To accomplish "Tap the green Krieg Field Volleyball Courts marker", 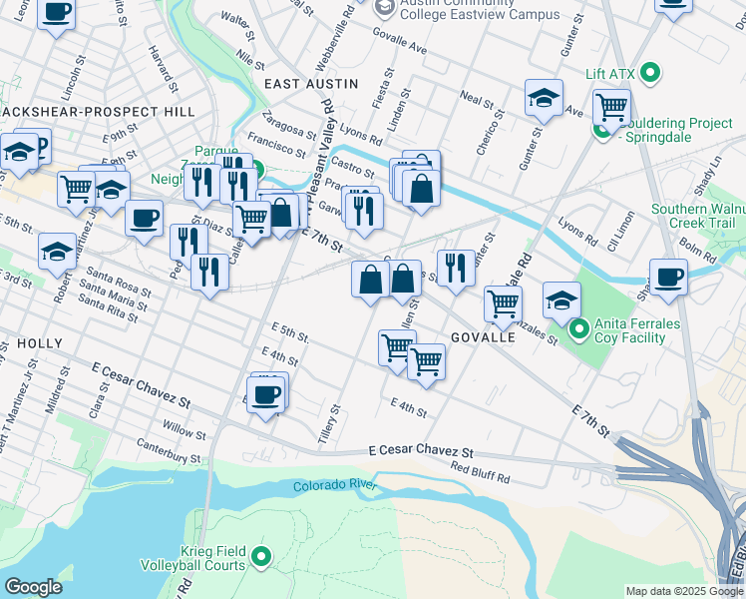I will [262, 556].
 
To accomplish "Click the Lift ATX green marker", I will [650, 73].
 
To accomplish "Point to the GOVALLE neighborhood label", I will [483, 337].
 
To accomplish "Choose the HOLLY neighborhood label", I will [40, 343].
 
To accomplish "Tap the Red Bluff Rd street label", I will [480, 472].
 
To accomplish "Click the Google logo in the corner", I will [33, 587].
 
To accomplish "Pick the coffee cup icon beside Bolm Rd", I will [668, 277].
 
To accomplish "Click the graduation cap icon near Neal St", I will [544, 98].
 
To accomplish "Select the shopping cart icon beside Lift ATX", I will [610, 105].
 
